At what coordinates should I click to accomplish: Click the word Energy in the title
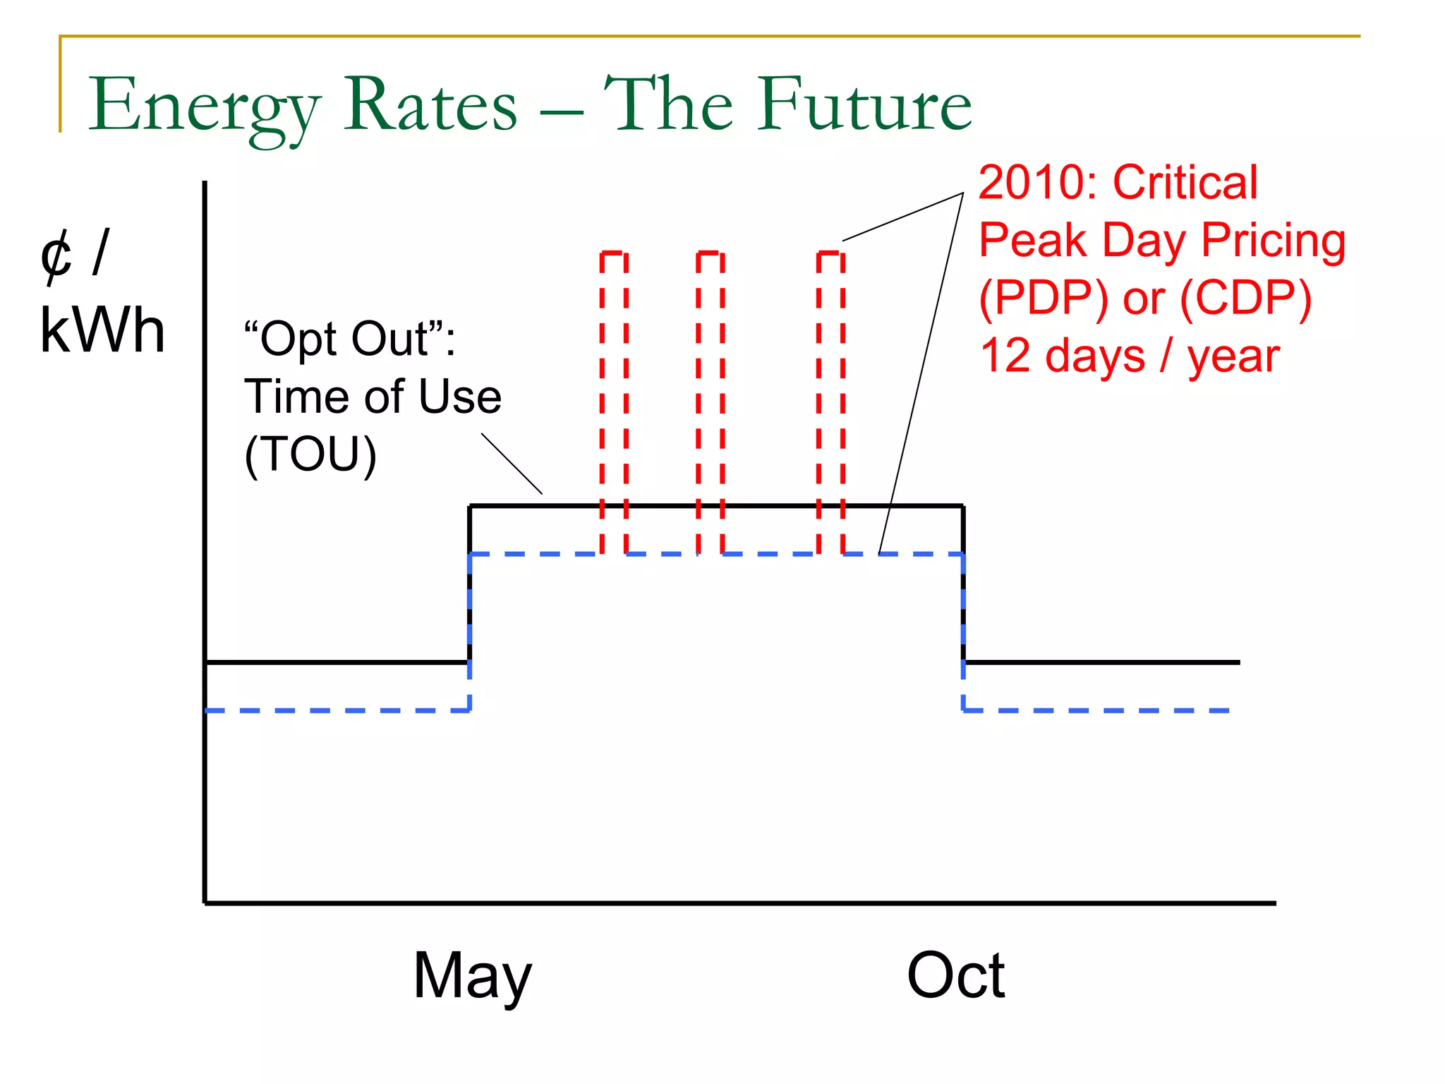click(205, 106)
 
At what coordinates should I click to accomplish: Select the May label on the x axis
click(472, 976)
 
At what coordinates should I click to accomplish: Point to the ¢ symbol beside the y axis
click(56, 255)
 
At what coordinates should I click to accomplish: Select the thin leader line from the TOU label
click(512, 463)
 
